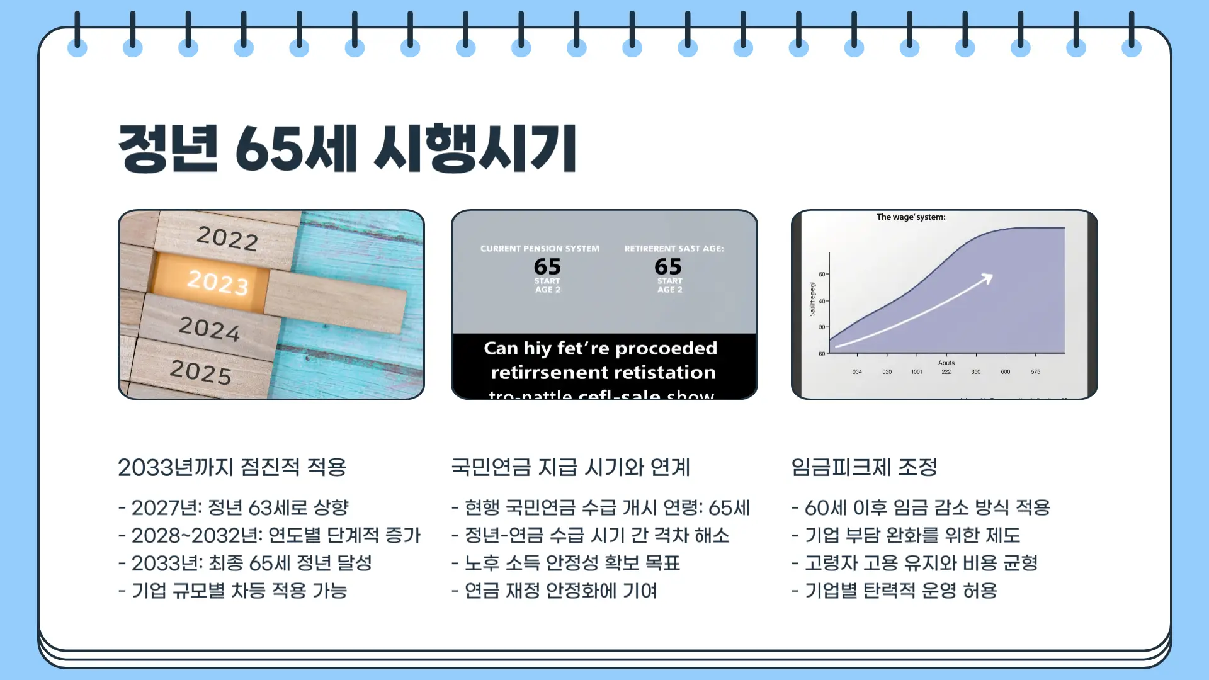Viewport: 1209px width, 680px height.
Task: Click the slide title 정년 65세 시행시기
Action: (x=347, y=149)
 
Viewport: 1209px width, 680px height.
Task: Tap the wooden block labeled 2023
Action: (x=217, y=281)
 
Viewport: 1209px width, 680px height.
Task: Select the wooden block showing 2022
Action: (x=227, y=237)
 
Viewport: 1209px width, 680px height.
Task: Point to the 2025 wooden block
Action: (x=201, y=371)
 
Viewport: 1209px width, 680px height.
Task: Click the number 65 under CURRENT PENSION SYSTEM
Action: (x=547, y=266)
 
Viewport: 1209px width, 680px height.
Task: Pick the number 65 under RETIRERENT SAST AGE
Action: (x=668, y=266)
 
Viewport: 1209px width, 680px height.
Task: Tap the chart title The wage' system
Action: (x=911, y=217)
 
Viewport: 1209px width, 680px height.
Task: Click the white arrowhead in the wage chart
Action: (x=987, y=278)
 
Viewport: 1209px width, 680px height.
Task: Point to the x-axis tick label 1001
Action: (x=916, y=372)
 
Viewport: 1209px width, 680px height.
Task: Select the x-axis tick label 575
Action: (x=1035, y=372)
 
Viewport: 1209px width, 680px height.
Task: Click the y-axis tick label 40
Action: (x=822, y=302)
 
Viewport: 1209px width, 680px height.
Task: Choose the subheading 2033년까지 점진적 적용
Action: (x=232, y=467)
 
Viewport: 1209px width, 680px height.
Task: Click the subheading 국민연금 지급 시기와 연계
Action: (x=570, y=467)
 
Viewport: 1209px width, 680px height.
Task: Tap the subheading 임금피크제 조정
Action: (x=864, y=467)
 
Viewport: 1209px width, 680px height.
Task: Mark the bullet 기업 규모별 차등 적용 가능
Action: (x=233, y=591)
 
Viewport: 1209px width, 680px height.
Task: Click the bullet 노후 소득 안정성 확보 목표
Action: (x=565, y=563)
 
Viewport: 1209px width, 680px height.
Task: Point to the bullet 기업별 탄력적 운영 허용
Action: (x=894, y=591)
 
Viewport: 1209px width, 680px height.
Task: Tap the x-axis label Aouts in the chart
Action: (x=946, y=363)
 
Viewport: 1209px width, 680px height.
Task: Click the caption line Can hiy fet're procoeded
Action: (x=600, y=348)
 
